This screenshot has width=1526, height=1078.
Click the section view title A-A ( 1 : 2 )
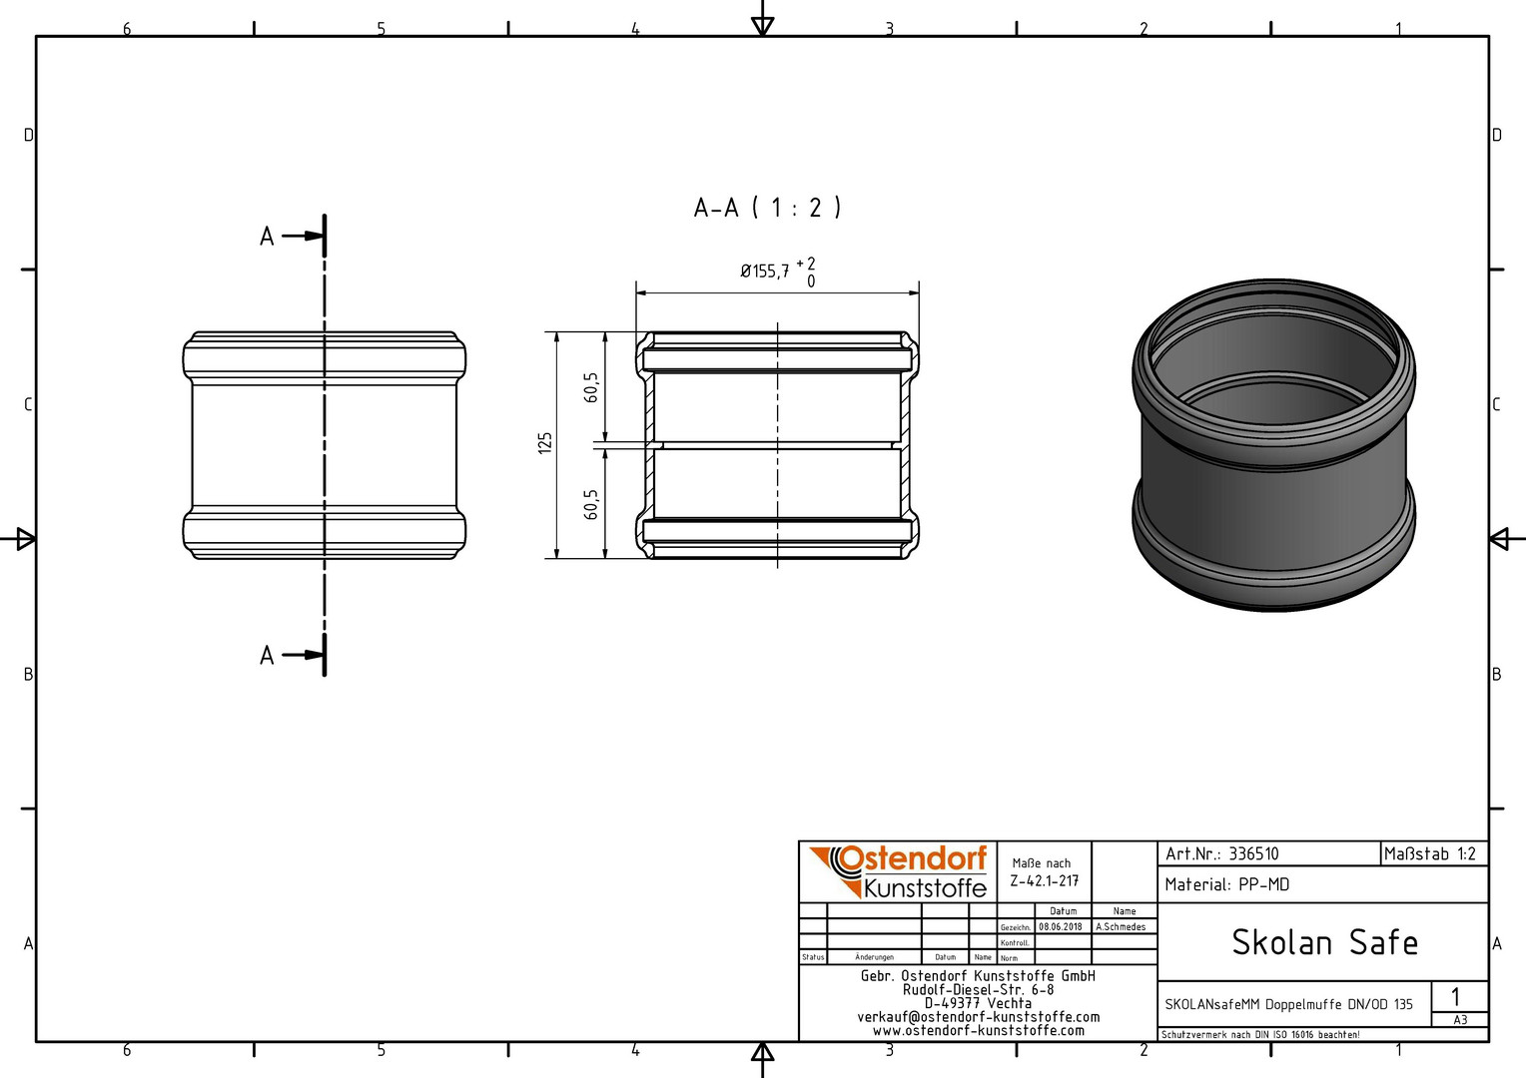[767, 207]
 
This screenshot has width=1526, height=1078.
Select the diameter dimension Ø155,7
[765, 271]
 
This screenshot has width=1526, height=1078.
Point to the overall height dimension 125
[545, 443]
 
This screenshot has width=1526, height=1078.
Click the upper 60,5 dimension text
[590, 387]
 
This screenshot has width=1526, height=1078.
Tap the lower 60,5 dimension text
[590, 505]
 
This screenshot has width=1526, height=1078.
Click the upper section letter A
[267, 237]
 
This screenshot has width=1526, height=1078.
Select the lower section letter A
[267, 656]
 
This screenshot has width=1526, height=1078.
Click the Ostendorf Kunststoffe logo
[898, 872]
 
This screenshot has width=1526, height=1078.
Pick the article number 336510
[1253, 854]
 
